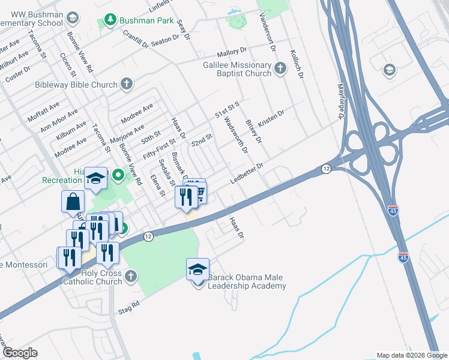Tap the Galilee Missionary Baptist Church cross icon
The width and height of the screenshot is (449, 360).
(280, 69)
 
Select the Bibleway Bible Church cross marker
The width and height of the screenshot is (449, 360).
(126, 85)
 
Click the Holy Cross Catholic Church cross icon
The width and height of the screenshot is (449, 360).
(131, 277)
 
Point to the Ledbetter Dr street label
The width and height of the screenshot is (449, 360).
(247, 173)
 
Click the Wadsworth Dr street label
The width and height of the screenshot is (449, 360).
(235, 135)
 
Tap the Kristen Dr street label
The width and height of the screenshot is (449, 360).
(271, 118)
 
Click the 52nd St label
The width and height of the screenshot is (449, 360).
(202, 142)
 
